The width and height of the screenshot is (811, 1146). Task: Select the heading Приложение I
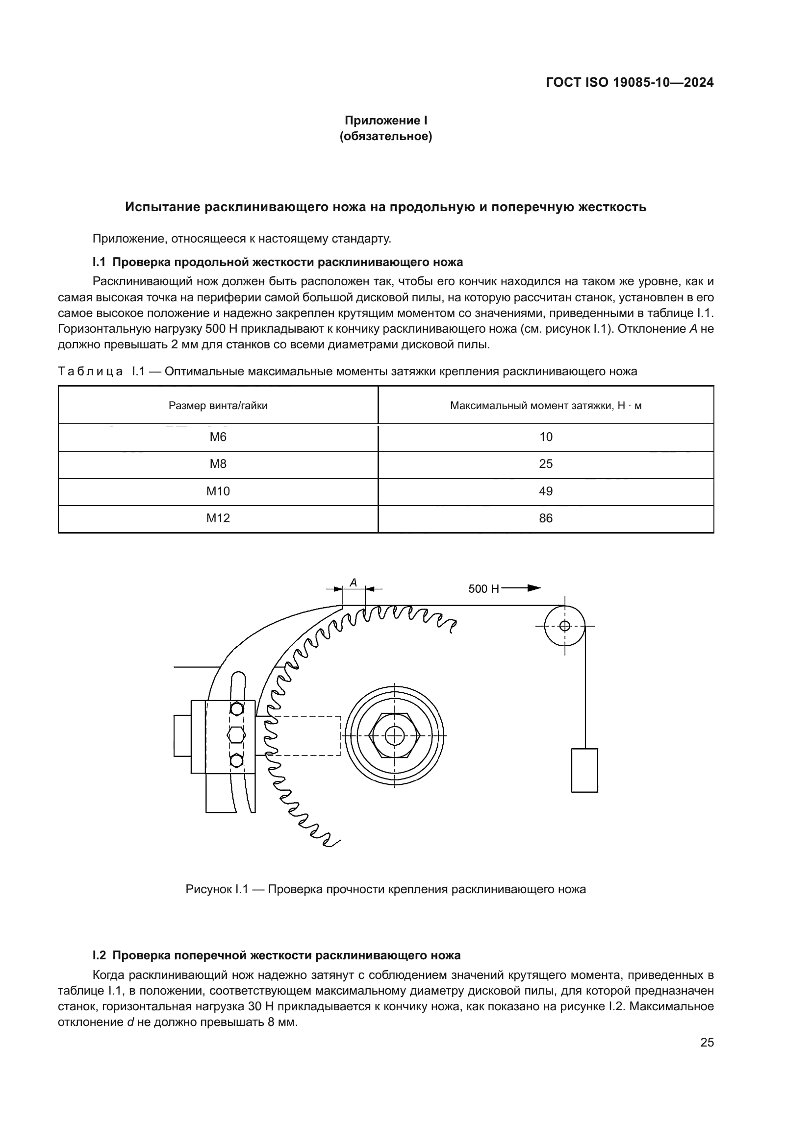point(385,121)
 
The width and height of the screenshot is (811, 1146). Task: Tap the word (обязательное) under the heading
point(385,136)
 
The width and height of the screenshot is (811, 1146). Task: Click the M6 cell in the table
point(218,437)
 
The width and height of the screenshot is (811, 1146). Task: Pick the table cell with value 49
point(545,491)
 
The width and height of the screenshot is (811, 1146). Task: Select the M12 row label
point(218,518)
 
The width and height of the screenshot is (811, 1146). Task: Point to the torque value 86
point(545,518)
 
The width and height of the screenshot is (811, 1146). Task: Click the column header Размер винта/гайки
point(218,405)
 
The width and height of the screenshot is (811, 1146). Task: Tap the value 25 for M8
point(545,464)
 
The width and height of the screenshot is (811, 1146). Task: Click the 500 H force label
point(483,589)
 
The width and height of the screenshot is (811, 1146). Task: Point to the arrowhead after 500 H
point(534,588)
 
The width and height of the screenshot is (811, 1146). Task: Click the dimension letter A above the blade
point(353,582)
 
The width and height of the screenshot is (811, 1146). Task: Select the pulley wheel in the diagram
point(564,626)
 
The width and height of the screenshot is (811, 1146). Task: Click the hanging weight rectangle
point(584,770)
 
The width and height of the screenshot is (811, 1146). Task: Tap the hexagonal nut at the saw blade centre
point(395,735)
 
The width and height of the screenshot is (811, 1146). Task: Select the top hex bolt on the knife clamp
point(237,709)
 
